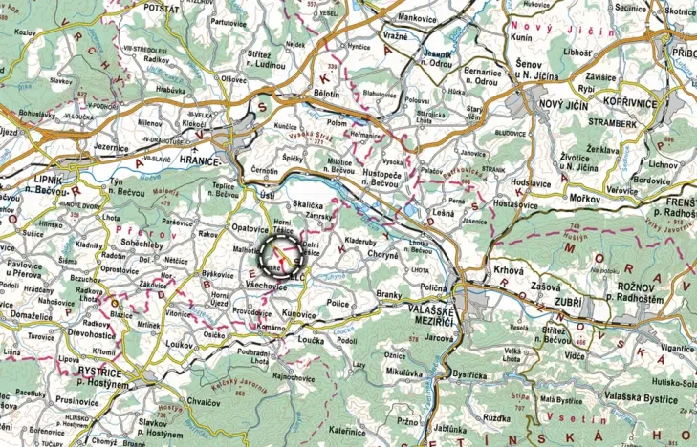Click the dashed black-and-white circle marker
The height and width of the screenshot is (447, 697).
pos(279,255)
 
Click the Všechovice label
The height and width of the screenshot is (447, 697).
pos(267,286)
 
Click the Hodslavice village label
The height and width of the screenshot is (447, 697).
pos(532,181)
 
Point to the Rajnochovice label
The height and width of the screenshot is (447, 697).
pos(293,375)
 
